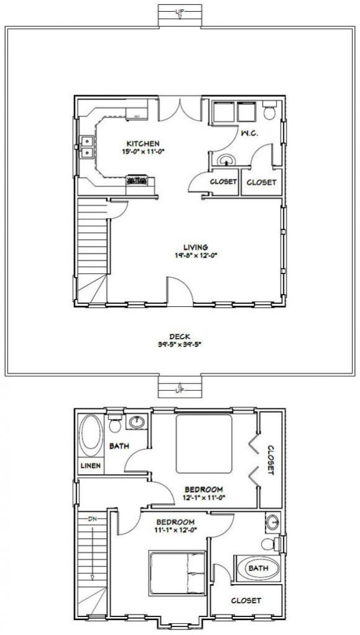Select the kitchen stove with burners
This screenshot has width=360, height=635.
[137, 181]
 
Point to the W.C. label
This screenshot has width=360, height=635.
[250, 134]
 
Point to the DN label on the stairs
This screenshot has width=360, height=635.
[91, 518]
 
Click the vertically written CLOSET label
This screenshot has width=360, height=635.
[270, 460]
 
